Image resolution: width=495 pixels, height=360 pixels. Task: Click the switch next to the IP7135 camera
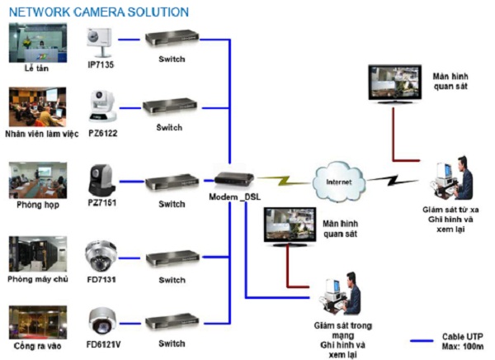tap(171, 39)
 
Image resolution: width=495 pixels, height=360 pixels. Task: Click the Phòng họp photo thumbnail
tap(36, 180)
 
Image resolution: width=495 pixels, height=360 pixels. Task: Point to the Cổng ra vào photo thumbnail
tap(36, 321)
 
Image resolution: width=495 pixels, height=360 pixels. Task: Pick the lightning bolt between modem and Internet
tap(283, 177)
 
